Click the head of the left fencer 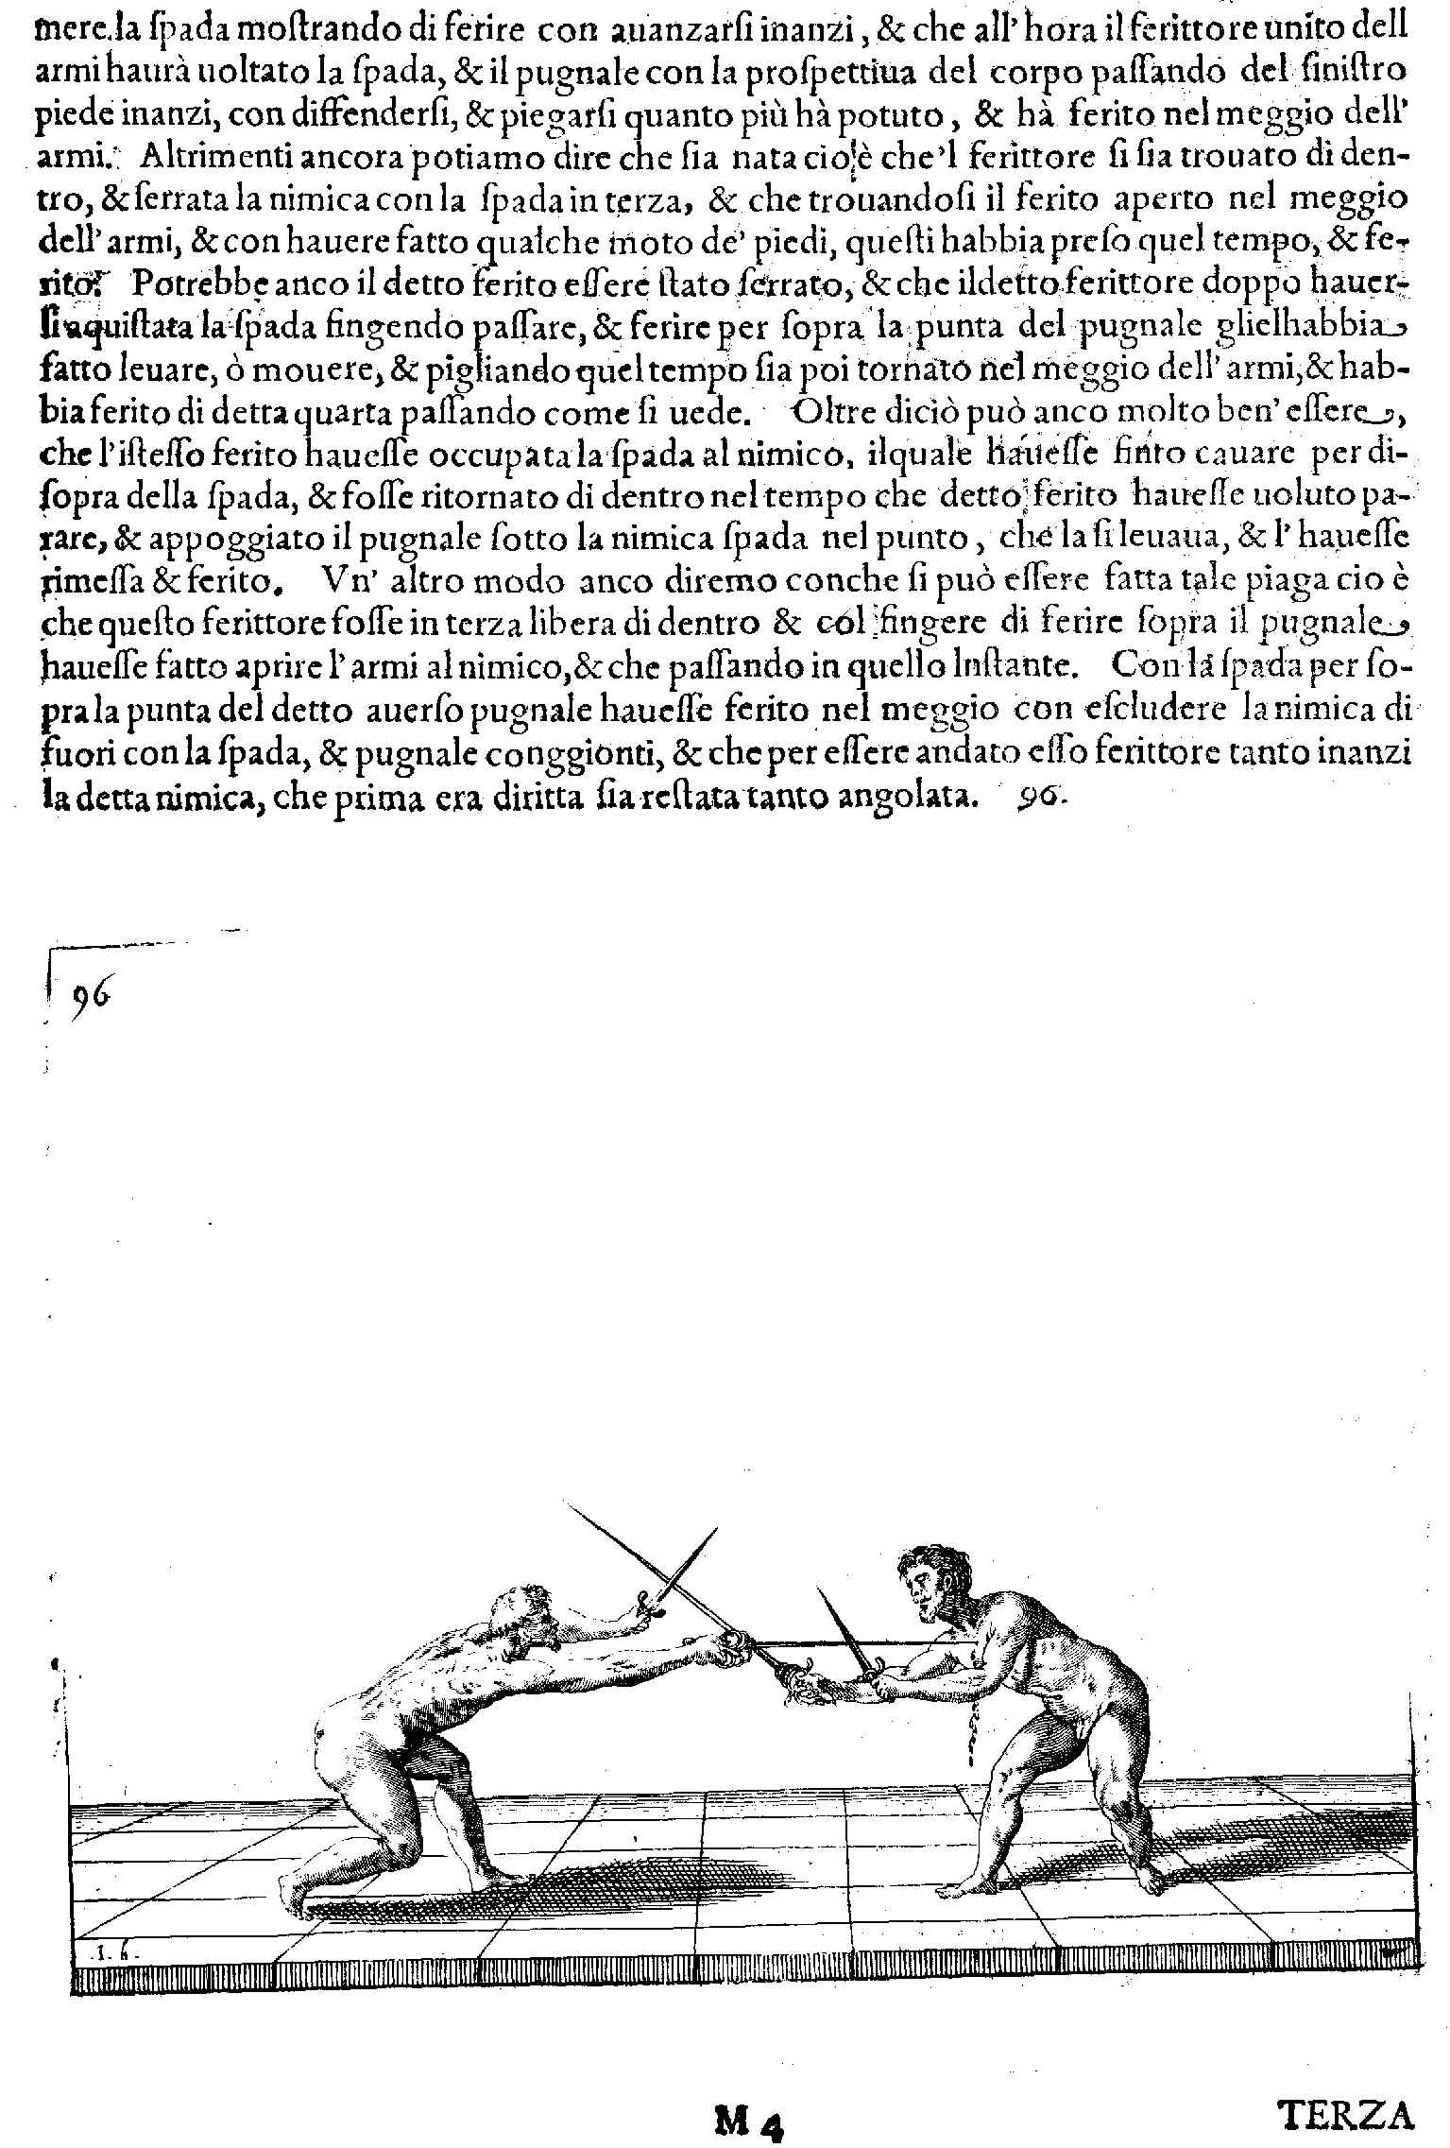point(522,1617)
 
